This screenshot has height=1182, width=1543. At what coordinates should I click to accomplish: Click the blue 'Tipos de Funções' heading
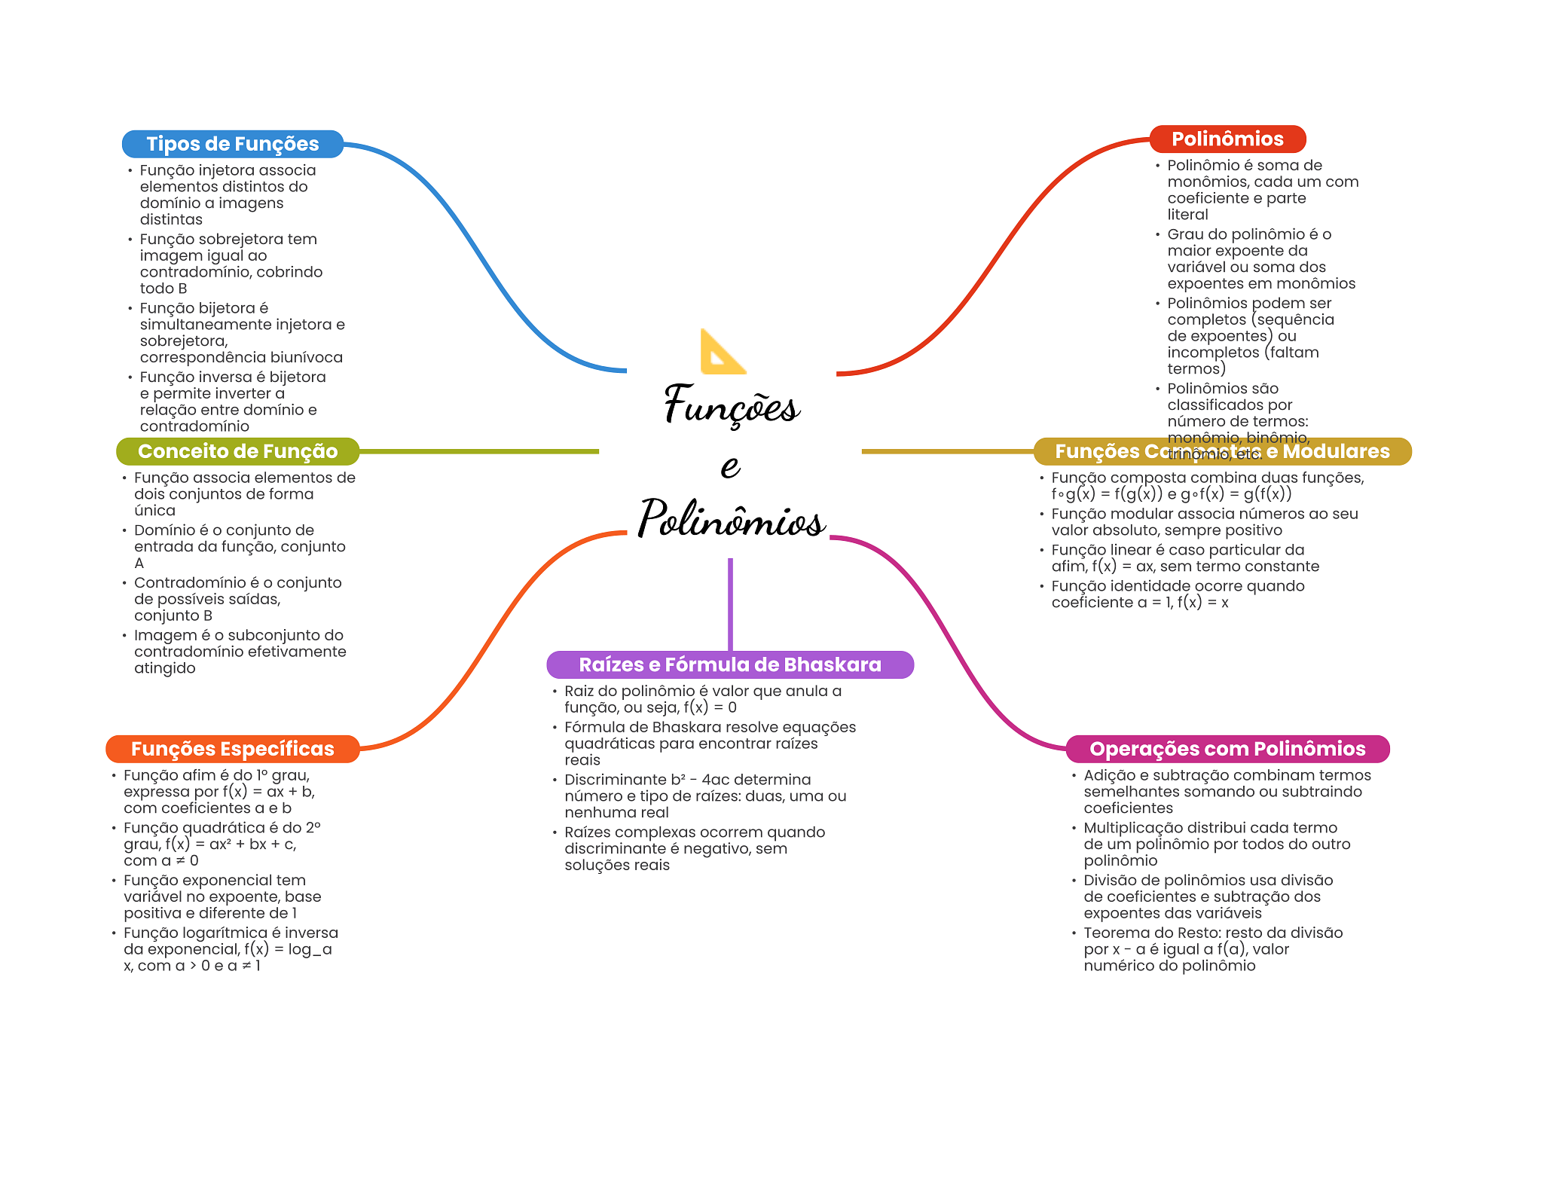point(232,144)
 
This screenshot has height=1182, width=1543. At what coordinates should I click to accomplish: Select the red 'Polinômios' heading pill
point(1227,139)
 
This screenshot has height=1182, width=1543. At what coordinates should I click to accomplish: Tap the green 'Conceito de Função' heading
point(237,451)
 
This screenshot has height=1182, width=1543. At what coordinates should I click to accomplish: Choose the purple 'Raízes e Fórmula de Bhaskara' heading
point(729,664)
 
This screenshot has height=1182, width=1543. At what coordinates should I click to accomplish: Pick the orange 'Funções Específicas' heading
point(232,749)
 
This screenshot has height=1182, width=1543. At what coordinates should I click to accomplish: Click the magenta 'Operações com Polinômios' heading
point(1227,749)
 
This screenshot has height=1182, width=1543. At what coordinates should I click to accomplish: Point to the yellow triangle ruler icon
point(721,353)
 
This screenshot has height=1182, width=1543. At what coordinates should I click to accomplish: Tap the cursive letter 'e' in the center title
point(730,465)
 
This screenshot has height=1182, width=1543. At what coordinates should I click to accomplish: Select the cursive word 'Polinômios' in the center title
point(731,520)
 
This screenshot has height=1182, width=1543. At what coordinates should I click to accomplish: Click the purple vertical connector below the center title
point(730,603)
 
